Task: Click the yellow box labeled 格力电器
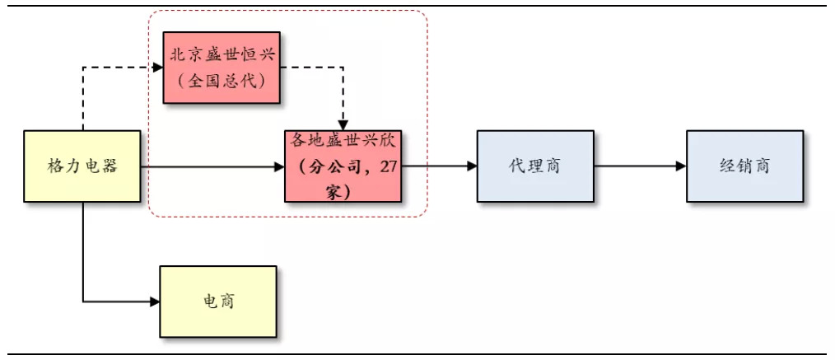[x=83, y=166]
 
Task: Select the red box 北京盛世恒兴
[x=221, y=68]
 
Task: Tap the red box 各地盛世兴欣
[x=343, y=166]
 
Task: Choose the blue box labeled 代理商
[x=534, y=166]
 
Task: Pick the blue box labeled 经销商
[x=744, y=166]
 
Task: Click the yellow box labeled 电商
[x=218, y=301]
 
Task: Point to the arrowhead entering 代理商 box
[x=472, y=166]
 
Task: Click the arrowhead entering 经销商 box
[x=681, y=166]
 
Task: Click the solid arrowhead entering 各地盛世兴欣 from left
[x=279, y=166]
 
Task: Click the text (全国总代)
[x=221, y=82]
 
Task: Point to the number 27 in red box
[x=389, y=166]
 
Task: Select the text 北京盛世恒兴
[x=221, y=54]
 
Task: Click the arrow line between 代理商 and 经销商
[x=638, y=166]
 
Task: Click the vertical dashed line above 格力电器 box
[x=83, y=99]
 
